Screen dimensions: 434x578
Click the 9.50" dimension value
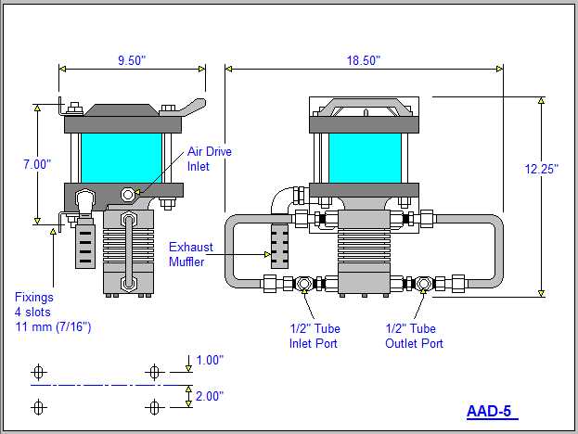[131, 59]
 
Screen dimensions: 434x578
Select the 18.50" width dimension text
[363, 59]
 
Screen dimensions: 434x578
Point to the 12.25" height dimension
[543, 169]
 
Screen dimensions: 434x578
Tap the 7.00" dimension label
[37, 163]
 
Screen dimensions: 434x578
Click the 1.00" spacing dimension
[209, 360]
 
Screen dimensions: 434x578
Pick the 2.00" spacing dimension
[209, 396]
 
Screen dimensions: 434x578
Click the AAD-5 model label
[491, 411]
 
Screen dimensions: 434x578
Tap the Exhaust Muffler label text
[190, 254]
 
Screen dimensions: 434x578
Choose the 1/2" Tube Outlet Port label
[414, 336]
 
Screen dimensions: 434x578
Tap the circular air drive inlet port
[129, 195]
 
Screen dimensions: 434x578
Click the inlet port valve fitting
[303, 283]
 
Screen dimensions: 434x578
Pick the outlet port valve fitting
[425, 283]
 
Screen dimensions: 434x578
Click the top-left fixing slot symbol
[39, 372]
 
